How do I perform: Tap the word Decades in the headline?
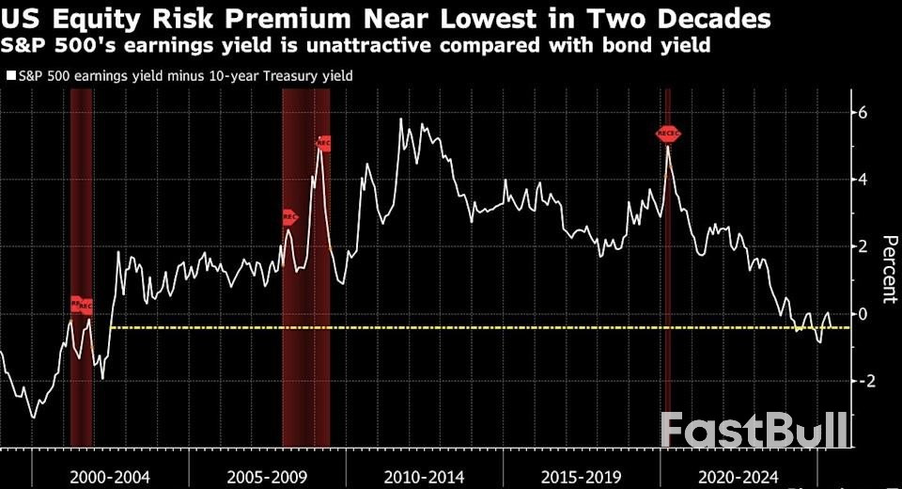[714, 19]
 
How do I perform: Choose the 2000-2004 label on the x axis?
[111, 476]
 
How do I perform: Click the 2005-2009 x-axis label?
[268, 476]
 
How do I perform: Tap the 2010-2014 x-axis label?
[425, 476]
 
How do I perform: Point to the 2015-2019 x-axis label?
[581, 476]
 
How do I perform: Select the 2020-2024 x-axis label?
[738, 476]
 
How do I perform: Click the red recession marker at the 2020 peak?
[668, 134]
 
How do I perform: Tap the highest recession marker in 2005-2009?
[324, 143]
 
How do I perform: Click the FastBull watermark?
[752, 432]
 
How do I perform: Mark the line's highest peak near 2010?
[401, 119]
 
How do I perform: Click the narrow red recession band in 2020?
[668, 282]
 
